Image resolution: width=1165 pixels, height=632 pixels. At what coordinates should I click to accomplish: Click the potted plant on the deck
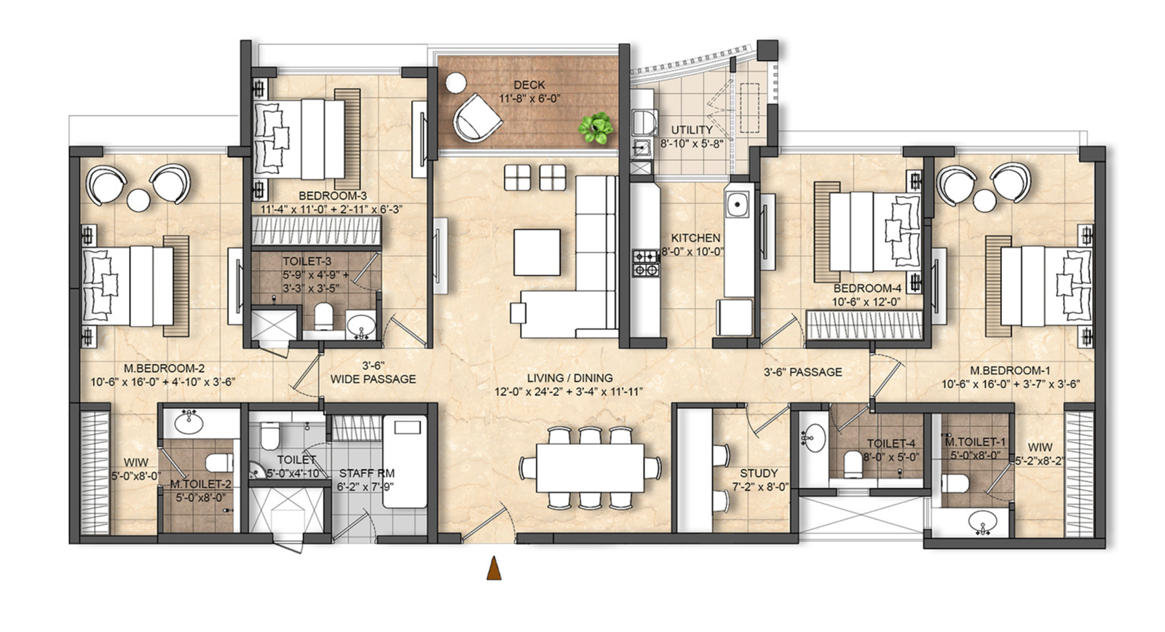coord(596,127)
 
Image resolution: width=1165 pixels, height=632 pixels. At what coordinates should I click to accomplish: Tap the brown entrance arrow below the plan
coord(494,568)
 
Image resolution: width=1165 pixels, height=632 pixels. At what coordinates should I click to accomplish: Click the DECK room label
coord(529,84)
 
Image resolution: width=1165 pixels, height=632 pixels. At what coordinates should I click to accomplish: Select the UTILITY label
coord(692,130)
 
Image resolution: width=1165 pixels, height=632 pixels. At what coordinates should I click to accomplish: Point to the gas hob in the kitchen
coord(645,263)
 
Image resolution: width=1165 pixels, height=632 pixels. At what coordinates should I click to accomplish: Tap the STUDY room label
coord(759,473)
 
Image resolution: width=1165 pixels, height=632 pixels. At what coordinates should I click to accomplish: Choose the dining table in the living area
coord(591,467)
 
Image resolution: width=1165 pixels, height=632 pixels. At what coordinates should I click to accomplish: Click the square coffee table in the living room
coord(537,252)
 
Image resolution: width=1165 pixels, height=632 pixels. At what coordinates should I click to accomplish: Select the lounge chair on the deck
coord(477,118)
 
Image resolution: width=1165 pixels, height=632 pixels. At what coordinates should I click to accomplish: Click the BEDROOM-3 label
coord(333,196)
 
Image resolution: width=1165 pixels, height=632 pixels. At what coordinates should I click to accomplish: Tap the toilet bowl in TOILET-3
coord(323,316)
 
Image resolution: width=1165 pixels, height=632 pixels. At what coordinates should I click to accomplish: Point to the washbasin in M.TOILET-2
coord(189,422)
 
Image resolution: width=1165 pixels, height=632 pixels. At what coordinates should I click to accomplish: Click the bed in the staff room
coord(405,462)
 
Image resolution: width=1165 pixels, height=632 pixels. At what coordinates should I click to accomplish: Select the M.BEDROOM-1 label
coord(1010,371)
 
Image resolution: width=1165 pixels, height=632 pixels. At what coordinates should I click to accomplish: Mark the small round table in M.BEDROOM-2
coord(138,200)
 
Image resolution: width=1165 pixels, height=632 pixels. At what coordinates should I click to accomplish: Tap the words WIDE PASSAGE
coord(374,379)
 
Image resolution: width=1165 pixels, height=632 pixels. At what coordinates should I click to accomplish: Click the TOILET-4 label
coord(891,443)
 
